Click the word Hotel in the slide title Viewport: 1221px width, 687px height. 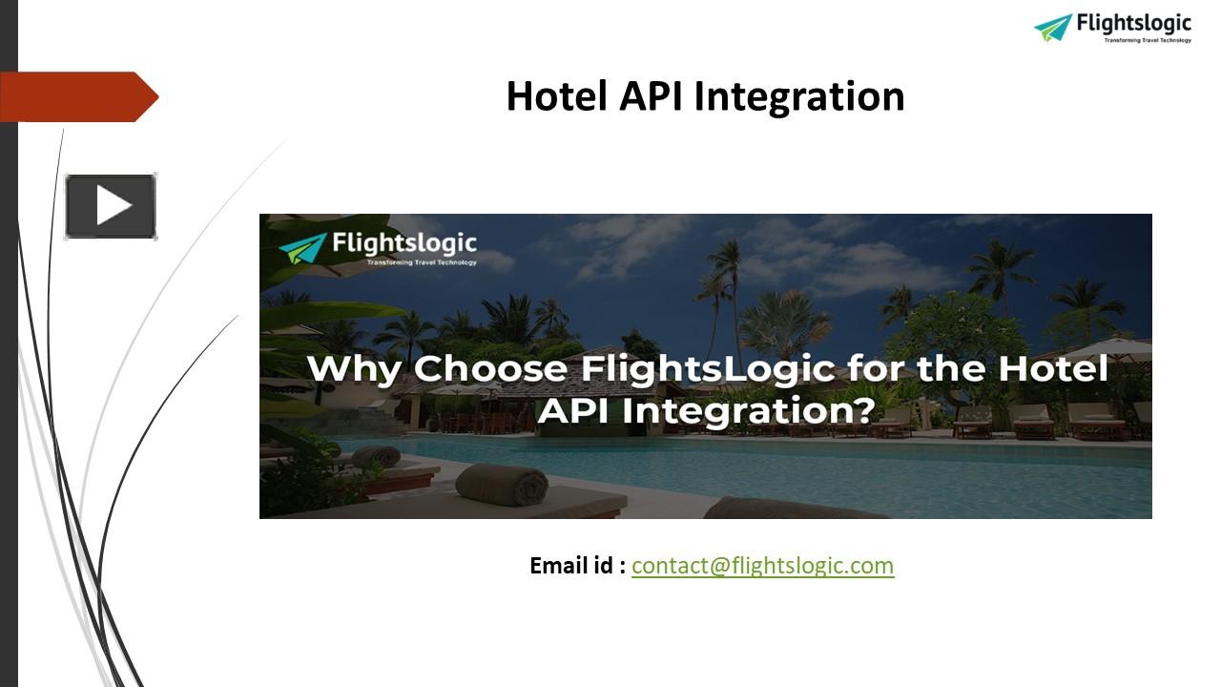[557, 96]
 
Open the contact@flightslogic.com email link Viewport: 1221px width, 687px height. [762, 566]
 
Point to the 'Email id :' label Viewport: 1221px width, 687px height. [577, 566]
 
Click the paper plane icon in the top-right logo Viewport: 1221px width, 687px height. [1053, 27]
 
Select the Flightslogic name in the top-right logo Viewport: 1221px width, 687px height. [1133, 23]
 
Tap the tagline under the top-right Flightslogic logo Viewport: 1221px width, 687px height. [1148, 40]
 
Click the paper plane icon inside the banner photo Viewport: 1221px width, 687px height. [302, 247]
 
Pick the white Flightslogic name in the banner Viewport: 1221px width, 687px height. [404, 243]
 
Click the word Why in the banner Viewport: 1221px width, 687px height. [353, 369]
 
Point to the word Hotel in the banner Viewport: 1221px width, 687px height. [1052, 369]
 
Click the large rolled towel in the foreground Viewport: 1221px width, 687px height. [502, 485]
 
